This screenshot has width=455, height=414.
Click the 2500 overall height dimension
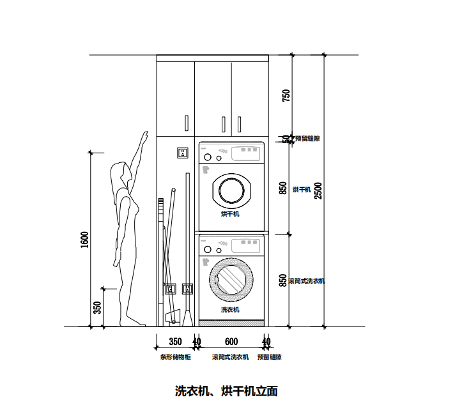318,190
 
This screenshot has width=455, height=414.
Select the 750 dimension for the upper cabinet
286,95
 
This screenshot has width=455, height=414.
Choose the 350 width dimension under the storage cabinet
174,341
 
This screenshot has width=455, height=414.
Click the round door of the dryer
231,190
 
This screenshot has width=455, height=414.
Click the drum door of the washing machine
231,279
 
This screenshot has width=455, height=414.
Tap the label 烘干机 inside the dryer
230,214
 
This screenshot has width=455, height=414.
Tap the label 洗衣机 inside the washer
230,309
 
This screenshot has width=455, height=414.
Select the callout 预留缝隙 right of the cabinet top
307,138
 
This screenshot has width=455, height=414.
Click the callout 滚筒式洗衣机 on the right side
307,281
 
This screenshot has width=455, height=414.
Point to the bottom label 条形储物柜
175,357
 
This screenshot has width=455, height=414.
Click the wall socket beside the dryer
183,153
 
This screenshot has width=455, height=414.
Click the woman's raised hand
145,135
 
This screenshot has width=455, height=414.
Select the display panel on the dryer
247,153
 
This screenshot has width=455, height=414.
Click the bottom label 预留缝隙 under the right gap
270,357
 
